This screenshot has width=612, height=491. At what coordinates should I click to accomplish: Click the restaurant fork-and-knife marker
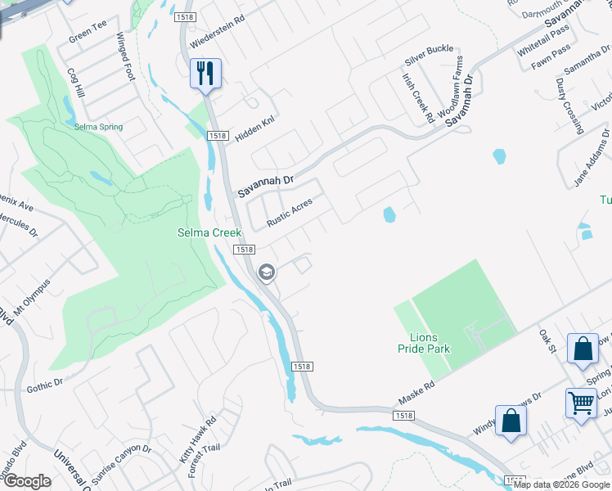tap(204, 74)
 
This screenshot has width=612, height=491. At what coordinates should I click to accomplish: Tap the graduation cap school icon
tap(266, 273)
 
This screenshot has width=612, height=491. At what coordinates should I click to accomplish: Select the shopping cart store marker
tap(581, 403)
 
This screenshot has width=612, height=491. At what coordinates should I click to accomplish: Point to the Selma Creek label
tap(210, 233)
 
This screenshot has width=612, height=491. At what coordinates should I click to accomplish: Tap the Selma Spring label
tap(98, 127)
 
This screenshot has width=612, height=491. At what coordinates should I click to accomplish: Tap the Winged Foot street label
tap(124, 56)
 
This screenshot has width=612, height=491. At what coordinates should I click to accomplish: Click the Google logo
tap(27, 481)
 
